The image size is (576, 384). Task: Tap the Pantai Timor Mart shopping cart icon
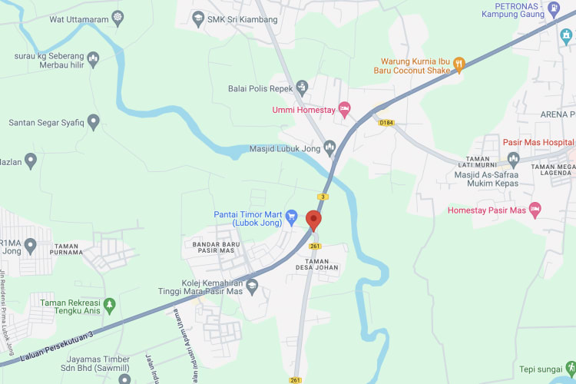click(x=291, y=217)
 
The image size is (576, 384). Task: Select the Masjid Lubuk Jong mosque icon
click(x=330, y=146)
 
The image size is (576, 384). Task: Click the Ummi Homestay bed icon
click(x=345, y=110)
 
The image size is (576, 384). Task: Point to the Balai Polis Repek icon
click(x=302, y=88)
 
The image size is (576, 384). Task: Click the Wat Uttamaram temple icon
click(x=118, y=16)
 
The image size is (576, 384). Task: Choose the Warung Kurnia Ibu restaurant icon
click(x=459, y=64)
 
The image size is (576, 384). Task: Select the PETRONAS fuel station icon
click(x=554, y=10)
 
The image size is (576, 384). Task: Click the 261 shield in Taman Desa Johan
click(x=315, y=246)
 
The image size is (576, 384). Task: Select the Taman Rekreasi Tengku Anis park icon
click(x=110, y=305)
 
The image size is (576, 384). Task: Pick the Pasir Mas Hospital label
click(x=538, y=143)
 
